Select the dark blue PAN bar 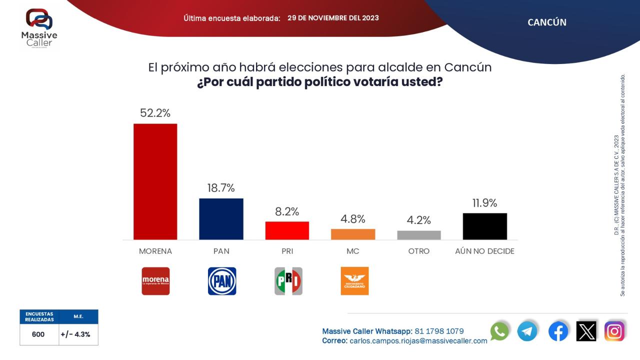(x=221, y=219)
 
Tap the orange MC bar (x=353, y=234)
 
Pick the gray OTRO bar (x=419, y=235)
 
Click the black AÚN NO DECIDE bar (x=484, y=226)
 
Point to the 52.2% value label (x=155, y=113)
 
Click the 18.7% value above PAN (x=221, y=188)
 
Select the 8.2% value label (x=287, y=211)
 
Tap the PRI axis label (x=287, y=251)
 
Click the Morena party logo (x=155, y=281)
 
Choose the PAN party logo (x=222, y=281)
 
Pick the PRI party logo (x=288, y=281)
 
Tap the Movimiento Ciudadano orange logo (x=354, y=281)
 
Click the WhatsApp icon (x=499, y=331)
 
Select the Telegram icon (x=527, y=331)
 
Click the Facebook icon (x=558, y=331)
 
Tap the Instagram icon (x=614, y=331)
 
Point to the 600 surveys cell (x=38, y=334)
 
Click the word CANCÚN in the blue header (x=547, y=22)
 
